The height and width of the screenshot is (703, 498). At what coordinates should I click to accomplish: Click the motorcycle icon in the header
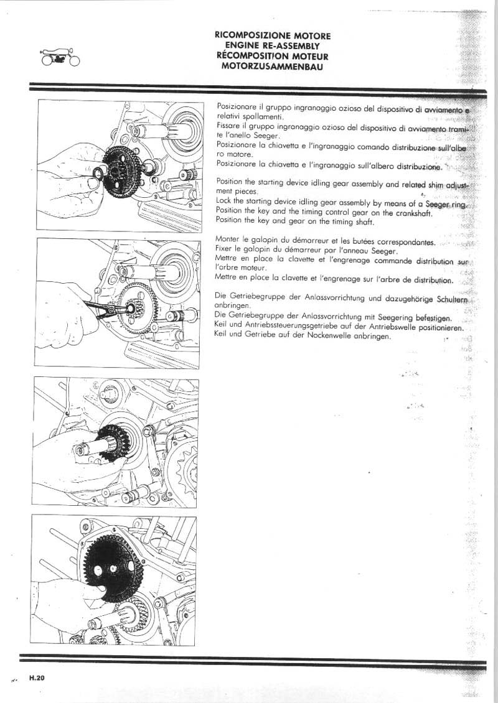point(60,57)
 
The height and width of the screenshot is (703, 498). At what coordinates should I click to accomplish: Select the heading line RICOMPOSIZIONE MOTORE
point(272,36)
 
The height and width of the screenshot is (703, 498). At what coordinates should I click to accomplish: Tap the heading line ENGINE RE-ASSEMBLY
point(272,46)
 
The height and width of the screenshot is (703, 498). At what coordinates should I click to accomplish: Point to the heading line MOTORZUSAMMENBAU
point(272,66)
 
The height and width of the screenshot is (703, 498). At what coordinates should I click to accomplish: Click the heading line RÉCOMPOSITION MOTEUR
point(272,56)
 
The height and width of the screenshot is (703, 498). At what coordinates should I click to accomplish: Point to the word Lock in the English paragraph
point(223,202)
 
